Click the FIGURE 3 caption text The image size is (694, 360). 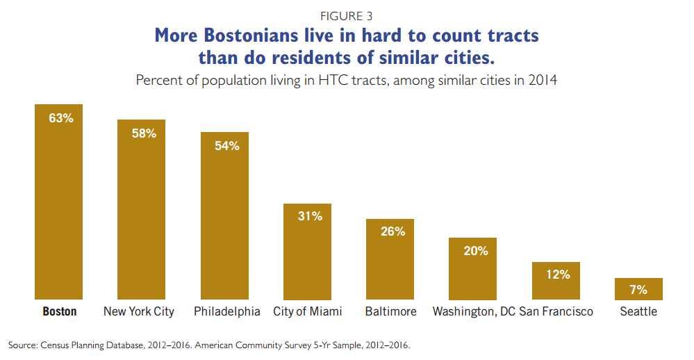click(x=346, y=13)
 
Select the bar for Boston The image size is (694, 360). click(x=59, y=208)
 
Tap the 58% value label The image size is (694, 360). click(x=143, y=133)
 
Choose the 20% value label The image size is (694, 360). click(x=476, y=251)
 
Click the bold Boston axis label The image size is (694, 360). click(x=60, y=311)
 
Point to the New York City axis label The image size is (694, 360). click(x=139, y=311)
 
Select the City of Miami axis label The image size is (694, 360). click(x=308, y=311)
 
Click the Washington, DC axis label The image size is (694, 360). click(x=474, y=311)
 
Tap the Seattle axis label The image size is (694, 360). click(x=638, y=311)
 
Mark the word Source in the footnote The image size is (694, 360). click(x=22, y=345)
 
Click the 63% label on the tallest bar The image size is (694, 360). click(x=60, y=118)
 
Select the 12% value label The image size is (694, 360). click(x=558, y=275)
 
